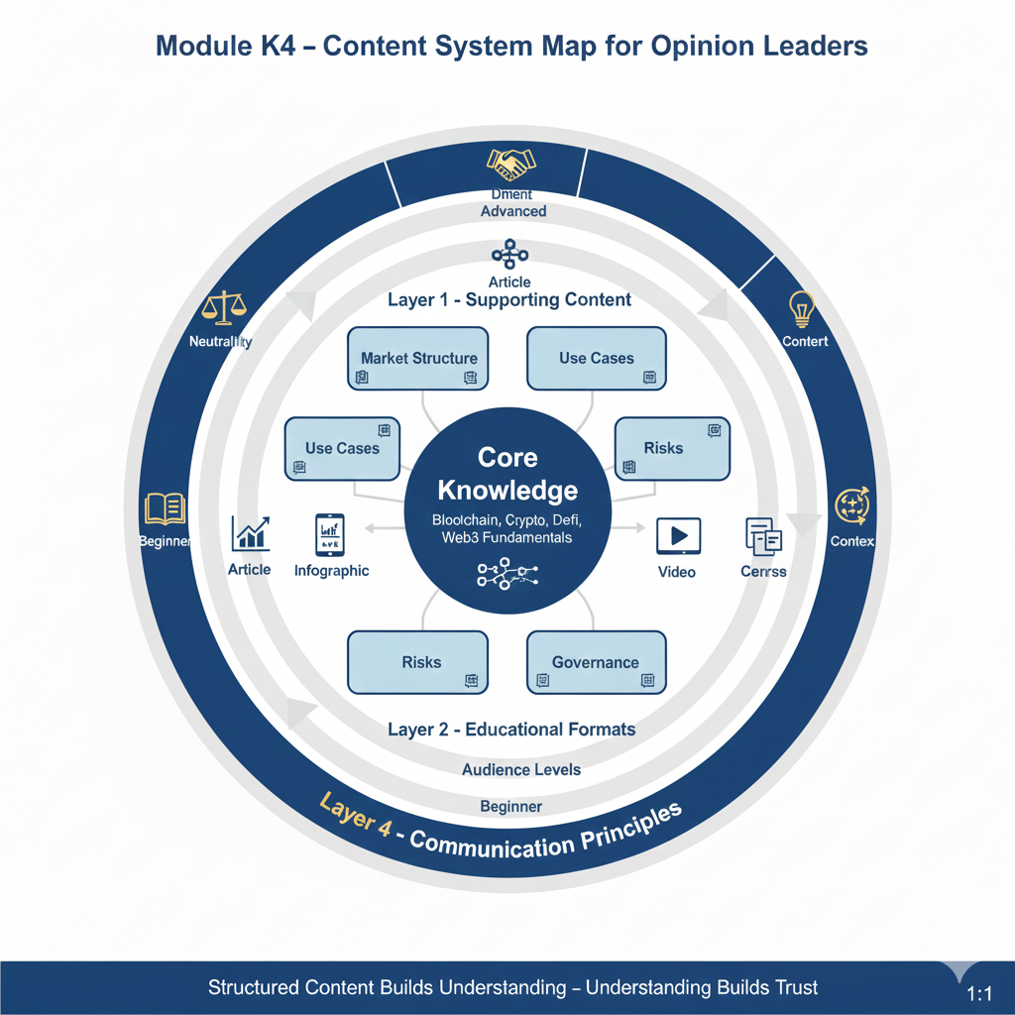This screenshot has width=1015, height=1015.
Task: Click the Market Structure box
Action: click(418, 358)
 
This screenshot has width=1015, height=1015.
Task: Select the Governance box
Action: click(596, 662)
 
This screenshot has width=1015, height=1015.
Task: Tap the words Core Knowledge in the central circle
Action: click(507, 474)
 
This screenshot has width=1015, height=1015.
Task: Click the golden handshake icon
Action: click(510, 163)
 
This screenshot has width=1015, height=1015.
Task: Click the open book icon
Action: click(165, 508)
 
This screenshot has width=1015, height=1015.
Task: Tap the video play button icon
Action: click(678, 536)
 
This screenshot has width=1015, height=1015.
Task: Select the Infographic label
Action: click(331, 571)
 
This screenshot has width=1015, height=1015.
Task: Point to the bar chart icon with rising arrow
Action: click(250, 533)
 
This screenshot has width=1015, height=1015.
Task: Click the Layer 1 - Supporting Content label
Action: click(509, 299)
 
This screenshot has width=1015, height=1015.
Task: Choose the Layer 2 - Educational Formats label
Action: click(511, 730)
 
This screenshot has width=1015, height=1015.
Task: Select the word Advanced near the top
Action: click(513, 211)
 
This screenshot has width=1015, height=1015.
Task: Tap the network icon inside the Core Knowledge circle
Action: click(506, 573)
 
